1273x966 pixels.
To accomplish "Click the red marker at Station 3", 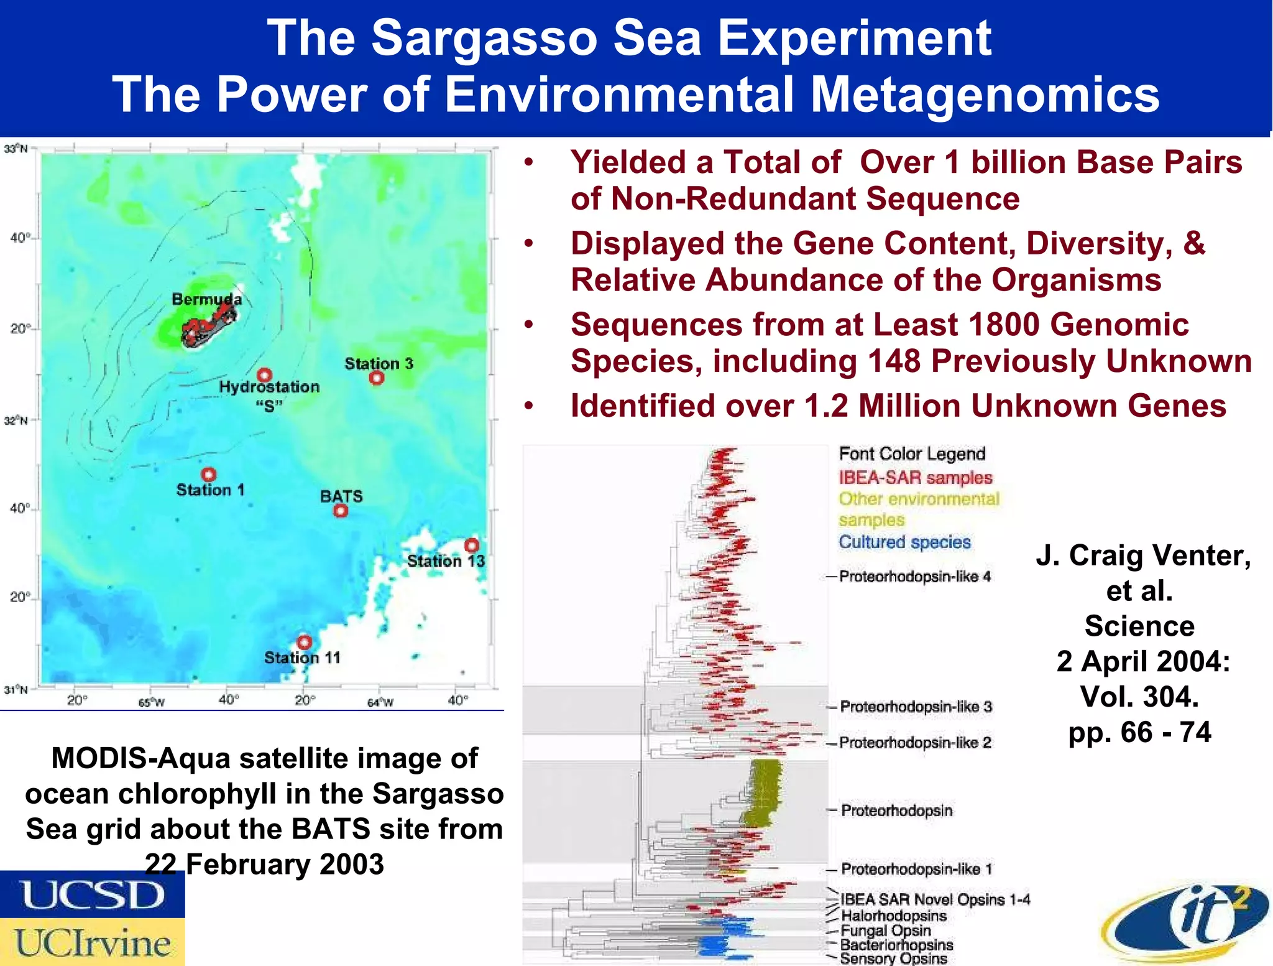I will (x=377, y=378).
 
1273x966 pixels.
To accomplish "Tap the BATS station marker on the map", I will (x=341, y=511).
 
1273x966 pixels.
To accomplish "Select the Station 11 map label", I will (x=302, y=657).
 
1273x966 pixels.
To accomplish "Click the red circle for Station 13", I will (x=472, y=546).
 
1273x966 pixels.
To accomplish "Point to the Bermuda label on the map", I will (x=206, y=299).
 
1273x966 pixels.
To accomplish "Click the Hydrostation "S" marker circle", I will (x=265, y=375).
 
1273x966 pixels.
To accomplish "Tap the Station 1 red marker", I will (x=209, y=475).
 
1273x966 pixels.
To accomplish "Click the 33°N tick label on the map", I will (x=16, y=149).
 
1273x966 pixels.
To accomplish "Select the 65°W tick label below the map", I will (x=151, y=703).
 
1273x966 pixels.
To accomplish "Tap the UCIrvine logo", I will (x=92, y=942).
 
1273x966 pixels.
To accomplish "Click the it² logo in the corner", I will (x=1187, y=924).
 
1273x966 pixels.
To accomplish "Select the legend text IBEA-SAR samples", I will (x=915, y=478).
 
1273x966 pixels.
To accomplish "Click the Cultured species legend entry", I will (x=904, y=542).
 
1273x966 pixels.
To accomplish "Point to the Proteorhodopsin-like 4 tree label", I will (x=914, y=577).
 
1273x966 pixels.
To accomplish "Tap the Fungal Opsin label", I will (x=885, y=931).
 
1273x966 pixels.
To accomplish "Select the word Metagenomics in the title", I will (x=985, y=95).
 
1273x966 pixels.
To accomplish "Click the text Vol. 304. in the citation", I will (x=1139, y=697).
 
